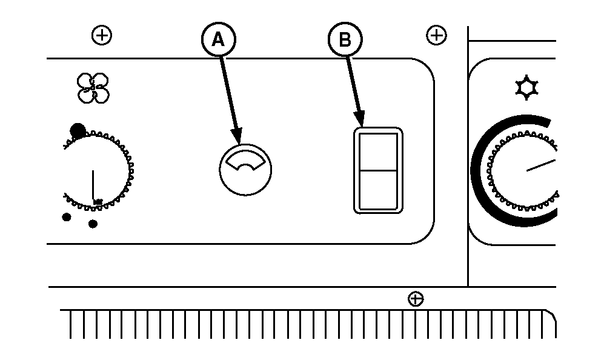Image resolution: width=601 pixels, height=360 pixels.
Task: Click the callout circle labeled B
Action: [344, 40]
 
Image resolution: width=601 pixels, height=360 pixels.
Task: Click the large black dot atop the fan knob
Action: [78, 130]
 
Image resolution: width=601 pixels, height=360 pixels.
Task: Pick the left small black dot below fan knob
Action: [67, 218]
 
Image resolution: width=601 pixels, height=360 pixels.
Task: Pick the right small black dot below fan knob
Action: [93, 224]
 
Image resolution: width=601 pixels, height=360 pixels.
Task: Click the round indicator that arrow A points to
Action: [245, 170]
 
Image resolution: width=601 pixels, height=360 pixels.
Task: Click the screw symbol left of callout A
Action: [102, 36]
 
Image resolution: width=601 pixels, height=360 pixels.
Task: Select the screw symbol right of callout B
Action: [436, 36]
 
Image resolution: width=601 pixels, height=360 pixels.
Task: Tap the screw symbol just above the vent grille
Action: [416, 299]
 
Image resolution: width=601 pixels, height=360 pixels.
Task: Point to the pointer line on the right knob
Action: [540, 165]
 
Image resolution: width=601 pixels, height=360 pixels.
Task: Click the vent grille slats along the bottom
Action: [303, 324]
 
